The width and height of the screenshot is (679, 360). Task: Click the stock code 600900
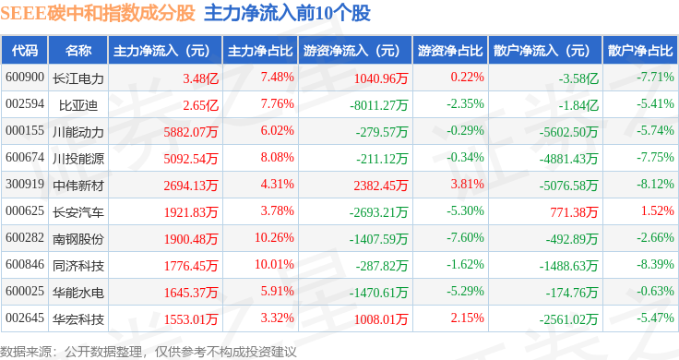click(x=25, y=78)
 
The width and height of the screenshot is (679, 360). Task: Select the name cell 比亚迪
click(x=77, y=105)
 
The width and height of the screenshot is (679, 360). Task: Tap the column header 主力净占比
click(x=260, y=51)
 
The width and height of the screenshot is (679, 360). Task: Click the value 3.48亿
click(x=200, y=78)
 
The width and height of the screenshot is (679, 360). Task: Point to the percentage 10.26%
click(x=274, y=237)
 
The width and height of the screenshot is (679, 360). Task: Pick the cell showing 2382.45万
click(x=381, y=186)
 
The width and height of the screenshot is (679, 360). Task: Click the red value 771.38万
click(x=574, y=212)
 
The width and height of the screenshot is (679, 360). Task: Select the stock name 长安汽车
click(x=77, y=212)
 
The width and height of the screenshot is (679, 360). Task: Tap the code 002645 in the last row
click(x=25, y=318)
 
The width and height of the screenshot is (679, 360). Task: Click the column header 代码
click(x=25, y=51)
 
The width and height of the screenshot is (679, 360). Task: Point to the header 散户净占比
click(x=640, y=51)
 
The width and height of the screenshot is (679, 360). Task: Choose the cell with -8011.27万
click(x=379, y=105)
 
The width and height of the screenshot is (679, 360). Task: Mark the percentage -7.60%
click(x=466, y=237)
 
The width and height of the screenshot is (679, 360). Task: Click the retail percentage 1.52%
click(x=658, y=210)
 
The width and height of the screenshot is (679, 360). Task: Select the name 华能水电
click(x=77, y=293)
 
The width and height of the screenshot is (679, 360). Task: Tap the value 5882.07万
click(x=191, y=132)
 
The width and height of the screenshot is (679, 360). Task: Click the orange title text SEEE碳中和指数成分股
click(x=98, y=13)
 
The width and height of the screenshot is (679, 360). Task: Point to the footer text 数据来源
click(x=26, y=352)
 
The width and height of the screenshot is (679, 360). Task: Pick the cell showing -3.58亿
click(x=578, y=78)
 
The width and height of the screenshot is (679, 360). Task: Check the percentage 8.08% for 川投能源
click(x=277, y=157)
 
